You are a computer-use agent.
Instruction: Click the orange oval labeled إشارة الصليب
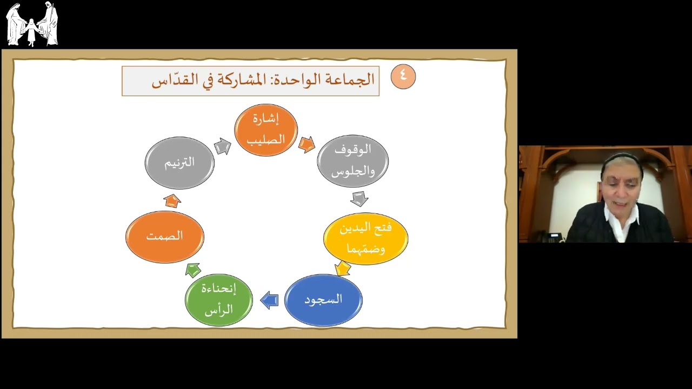266,130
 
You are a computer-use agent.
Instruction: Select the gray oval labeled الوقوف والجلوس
352,161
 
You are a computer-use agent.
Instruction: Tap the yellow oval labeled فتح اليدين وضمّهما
365,238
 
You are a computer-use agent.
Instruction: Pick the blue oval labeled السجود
323,300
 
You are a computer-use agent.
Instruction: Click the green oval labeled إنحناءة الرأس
218,300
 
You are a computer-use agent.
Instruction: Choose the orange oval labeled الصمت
165,237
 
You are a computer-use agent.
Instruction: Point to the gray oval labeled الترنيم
179,163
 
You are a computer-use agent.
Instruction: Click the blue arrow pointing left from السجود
269,300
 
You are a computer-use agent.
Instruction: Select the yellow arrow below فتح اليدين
343,268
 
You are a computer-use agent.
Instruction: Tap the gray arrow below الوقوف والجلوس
359,198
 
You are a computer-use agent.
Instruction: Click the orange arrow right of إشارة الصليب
307,144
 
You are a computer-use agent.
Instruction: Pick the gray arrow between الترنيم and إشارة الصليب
222,146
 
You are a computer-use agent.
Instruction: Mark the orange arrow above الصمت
172,200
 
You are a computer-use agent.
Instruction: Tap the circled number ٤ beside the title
403,76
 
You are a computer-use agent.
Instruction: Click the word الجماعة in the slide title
354,80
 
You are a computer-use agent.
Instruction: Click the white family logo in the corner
32,24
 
